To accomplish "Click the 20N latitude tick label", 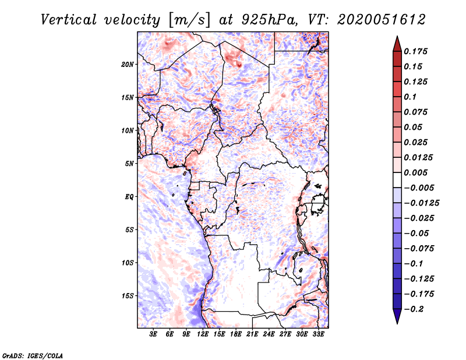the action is coord(128,65).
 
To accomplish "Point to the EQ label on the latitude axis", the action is coord(129,197).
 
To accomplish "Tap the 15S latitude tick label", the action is coord(128,296).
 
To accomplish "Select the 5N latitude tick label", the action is coord(129,164).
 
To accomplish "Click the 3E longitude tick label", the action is coord(153,334).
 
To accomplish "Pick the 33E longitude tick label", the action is coord(318,334).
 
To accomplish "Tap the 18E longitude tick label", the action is coord(236,334).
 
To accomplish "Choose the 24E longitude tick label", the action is coord(269,334).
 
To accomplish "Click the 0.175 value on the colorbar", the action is coord(416,51).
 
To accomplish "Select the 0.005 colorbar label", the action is coord(416,172).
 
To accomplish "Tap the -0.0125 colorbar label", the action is coord(422,203).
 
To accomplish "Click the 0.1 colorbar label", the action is coord(410,97).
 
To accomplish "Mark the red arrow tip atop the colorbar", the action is coord(397,36).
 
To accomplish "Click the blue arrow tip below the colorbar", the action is coord(397,323).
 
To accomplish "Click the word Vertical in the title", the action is coord(69,20).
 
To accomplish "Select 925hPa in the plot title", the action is coord(269,20).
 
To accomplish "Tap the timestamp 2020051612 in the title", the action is coord(382,20).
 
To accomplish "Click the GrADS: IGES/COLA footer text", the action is coord(33,356).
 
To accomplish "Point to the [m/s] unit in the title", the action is coord(189,20).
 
